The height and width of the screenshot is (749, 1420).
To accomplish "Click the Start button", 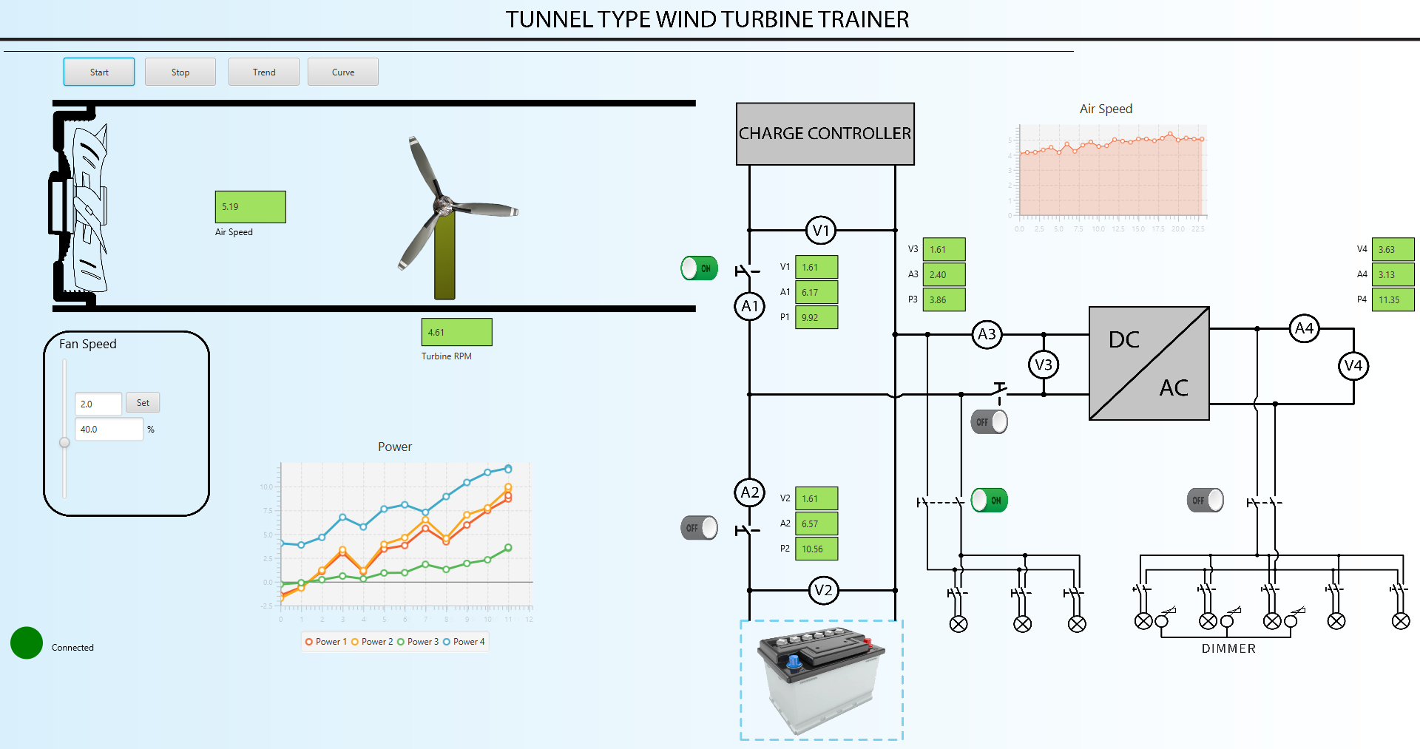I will (x=99, y=72).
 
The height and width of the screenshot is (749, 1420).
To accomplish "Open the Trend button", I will (x=264, y=72).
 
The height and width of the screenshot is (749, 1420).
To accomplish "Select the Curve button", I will (x=343, y=72).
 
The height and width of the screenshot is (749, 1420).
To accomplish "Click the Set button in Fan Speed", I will (x=143, y=403).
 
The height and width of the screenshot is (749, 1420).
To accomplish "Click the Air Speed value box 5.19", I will (x=250, y=207).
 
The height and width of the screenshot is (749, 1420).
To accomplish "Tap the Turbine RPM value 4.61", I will (x=456, y=332).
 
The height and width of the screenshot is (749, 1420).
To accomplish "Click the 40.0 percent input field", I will (x=109, y=429).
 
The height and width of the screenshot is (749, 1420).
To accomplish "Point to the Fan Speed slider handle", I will (x=65, y=442).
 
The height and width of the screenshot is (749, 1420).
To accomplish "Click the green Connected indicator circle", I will (x=27, y=643).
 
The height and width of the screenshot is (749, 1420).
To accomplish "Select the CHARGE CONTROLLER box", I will (x=825, y=134).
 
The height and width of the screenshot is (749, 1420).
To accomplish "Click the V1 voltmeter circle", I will (x=821, y=230).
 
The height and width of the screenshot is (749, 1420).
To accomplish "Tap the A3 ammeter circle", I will (x=987, y=334).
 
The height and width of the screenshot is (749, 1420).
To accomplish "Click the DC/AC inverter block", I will (x=1149, y=364).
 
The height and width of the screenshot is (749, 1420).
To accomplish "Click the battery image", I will (x=821, y=679).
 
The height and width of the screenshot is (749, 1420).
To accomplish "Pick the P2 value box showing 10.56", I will (x=816, y=549).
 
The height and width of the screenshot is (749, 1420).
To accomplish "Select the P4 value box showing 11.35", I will (x=1393, y=299).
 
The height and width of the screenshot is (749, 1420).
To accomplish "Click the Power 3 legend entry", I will (x=418, y=642).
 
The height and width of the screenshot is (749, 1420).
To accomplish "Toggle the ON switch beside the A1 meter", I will (x=699, y=268).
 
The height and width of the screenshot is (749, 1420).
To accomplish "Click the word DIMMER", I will (x=1228, y=648).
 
